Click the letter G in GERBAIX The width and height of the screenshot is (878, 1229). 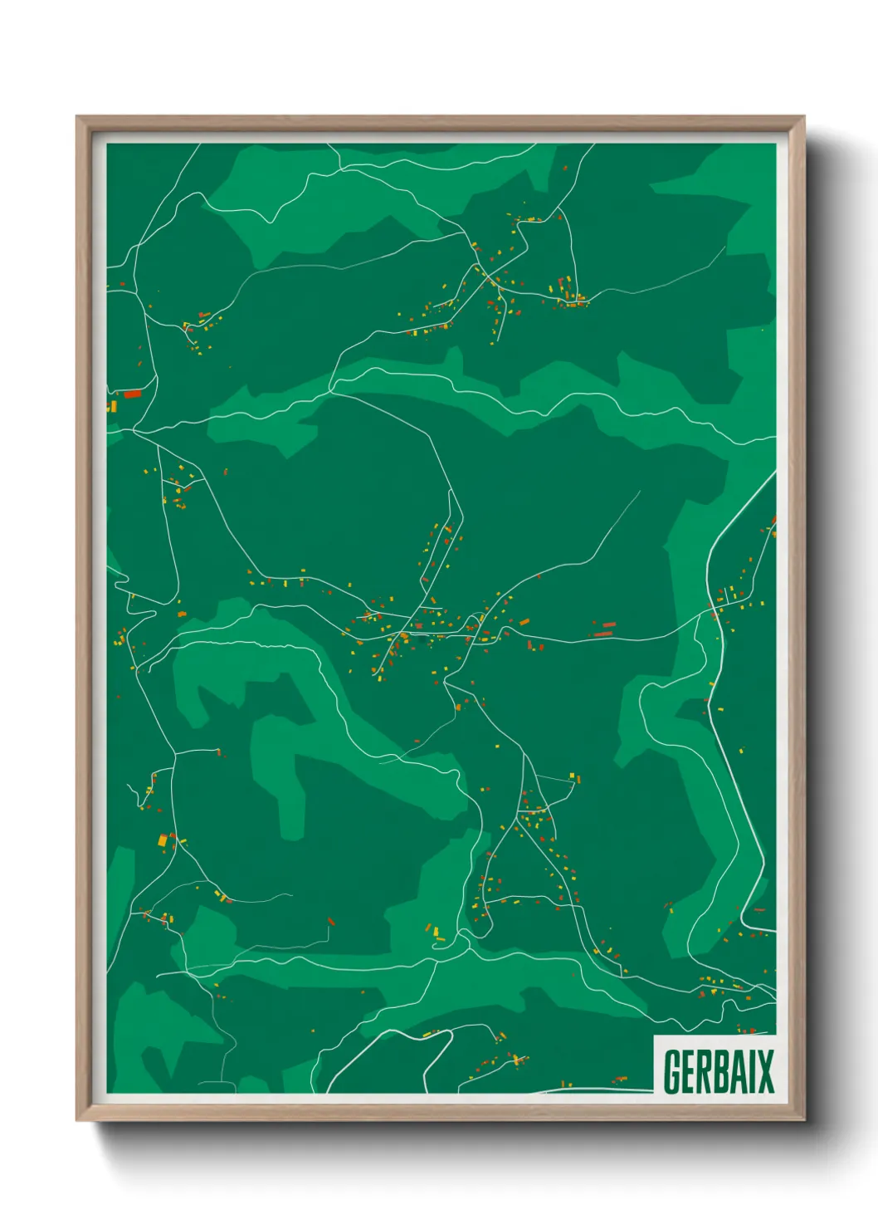tap(673, 1072)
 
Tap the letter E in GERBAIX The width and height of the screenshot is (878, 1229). tap(691, 1072)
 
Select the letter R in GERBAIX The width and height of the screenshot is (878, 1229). tap(710, 1072)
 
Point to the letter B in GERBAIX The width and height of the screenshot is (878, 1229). tap(728, 1072)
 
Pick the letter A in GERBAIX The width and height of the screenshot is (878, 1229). tap(744, 1072)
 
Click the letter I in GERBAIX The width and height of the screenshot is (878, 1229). tap(757, 1072)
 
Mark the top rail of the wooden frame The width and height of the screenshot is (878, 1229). tap(440, 123)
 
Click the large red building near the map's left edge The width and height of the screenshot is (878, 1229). tap(133, 394)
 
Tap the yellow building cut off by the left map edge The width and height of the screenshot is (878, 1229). tap(110, 406)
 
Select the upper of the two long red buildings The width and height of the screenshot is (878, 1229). tap(609, 624)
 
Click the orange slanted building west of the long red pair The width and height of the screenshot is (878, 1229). tap(524, 622)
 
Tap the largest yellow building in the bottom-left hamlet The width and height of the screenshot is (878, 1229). tap(163, 840)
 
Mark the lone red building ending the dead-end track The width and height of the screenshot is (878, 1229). tap(330, 921)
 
